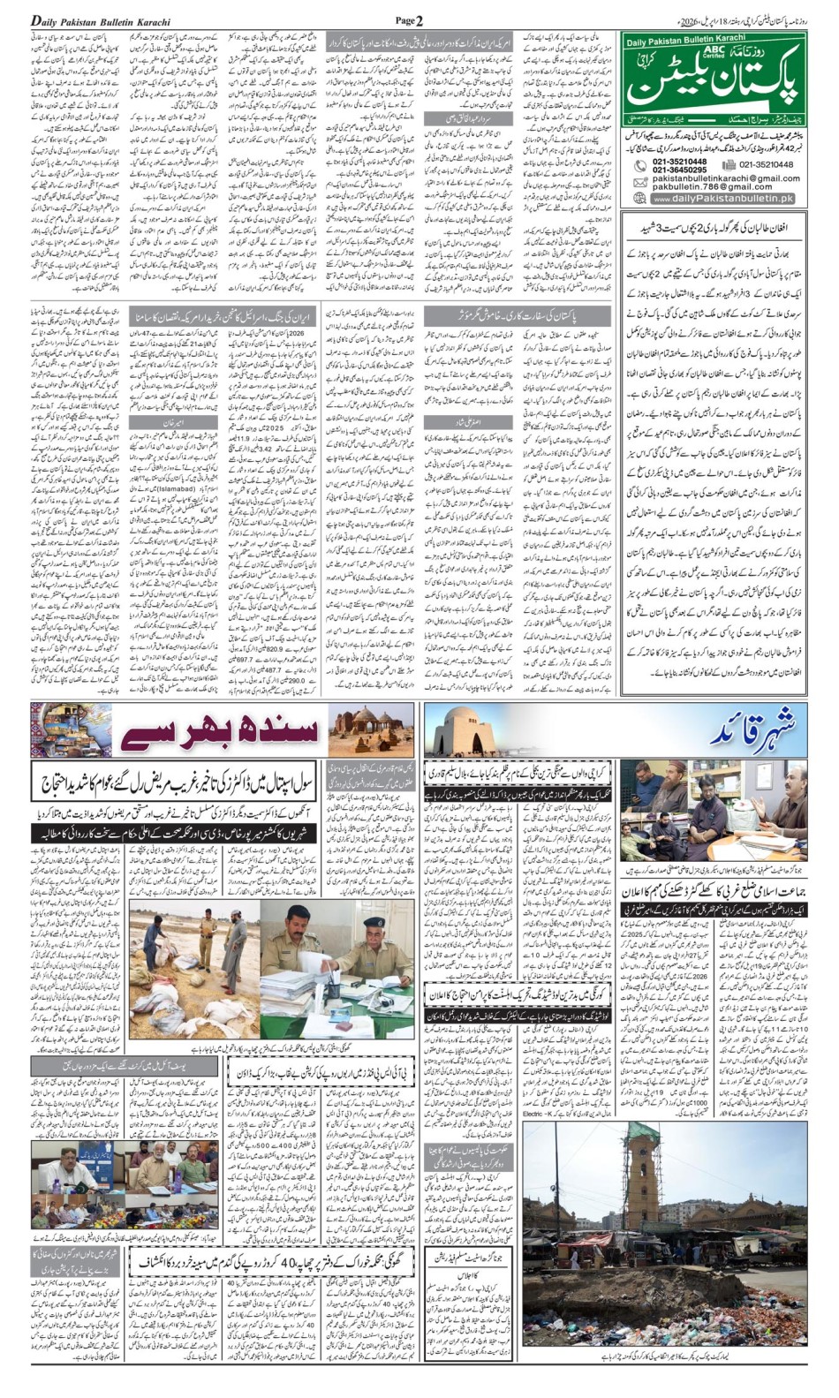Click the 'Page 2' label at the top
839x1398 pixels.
tap(409, 20)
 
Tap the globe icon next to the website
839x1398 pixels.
tap(639, 199)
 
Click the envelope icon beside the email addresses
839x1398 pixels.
tap(639, 182)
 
